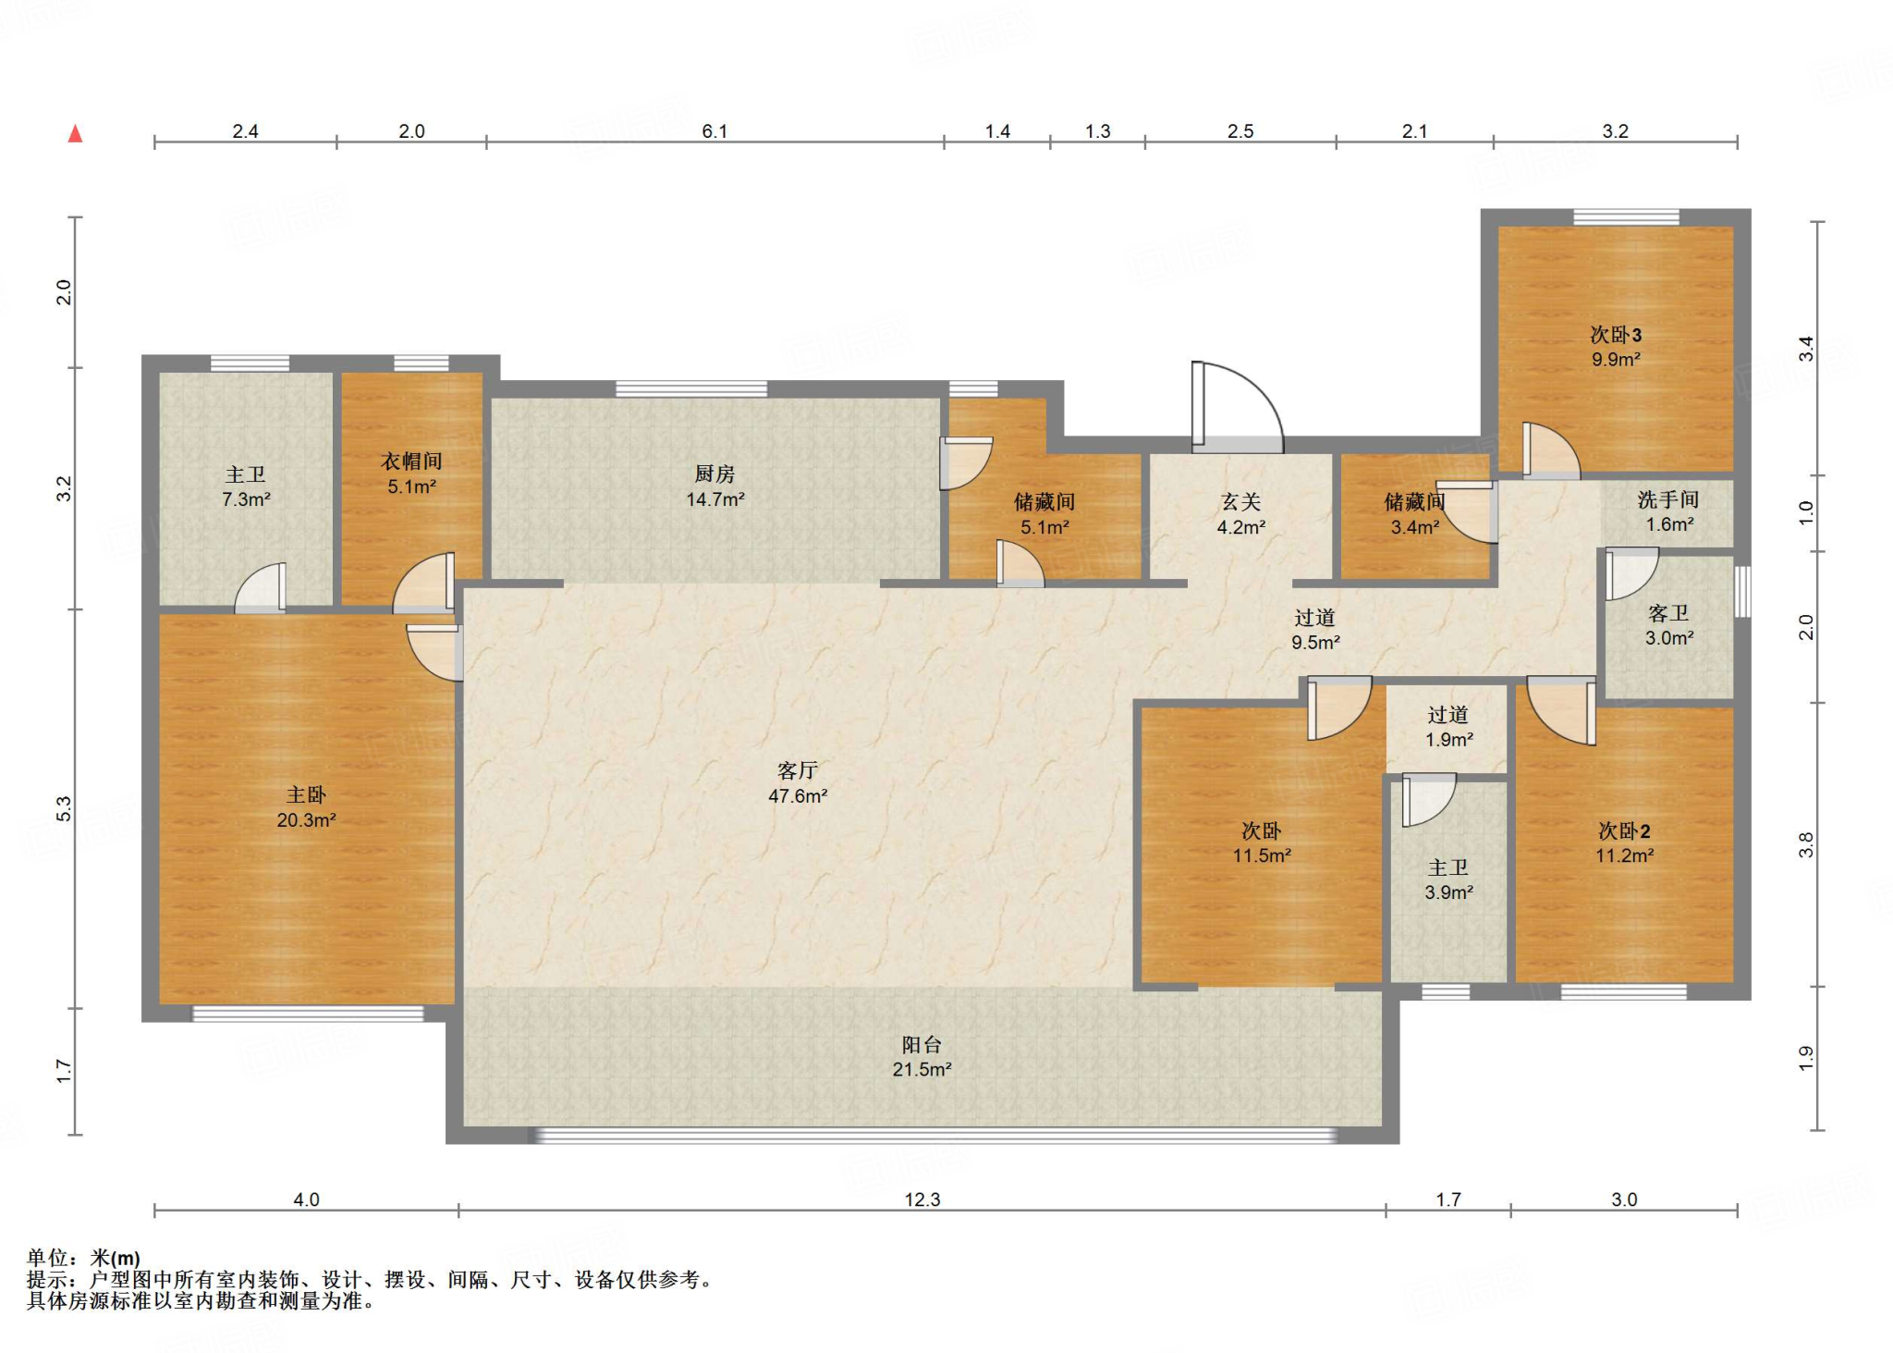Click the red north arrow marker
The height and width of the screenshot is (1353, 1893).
(x=76, y=134)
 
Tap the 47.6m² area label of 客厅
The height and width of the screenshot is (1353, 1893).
(x=798, y=795)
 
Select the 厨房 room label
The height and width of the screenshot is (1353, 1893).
(x=714, y=474)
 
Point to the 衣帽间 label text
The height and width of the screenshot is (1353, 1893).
(x=411, y=461)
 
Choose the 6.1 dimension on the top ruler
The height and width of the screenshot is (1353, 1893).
(x=714, y=131)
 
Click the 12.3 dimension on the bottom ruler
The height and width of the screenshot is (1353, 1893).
(x=922, y=1199)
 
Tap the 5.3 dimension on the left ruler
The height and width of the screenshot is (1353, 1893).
(x=63, y=809)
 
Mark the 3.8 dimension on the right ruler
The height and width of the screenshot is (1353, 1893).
(x=1805, y=845)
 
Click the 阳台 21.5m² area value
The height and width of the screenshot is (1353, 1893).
(x=922, y=1069)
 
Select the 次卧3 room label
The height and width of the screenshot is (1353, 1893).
(x=1616, y=335)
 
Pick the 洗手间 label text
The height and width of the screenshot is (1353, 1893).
(x=1668, y=499)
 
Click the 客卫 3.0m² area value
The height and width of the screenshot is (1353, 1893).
(x=1669, y=638)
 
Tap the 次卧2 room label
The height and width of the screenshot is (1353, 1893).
(x=1624, y=831)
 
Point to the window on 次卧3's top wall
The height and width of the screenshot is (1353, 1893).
(x=1626, y=217)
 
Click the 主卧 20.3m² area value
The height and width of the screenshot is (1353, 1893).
(x=306, y=820)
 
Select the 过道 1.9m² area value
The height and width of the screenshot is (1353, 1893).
(x=1448, y=740)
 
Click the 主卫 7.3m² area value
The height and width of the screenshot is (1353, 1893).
(x=246, y=499)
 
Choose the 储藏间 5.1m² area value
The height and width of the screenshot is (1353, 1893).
(x=1044, y=527)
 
